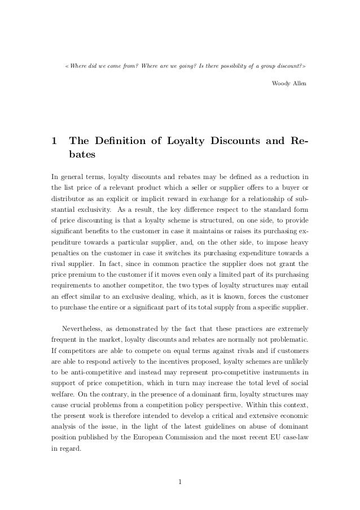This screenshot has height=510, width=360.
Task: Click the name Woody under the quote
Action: [x=280, y=83]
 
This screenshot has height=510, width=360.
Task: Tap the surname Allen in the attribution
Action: [x=300, y=83]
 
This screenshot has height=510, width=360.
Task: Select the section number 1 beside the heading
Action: [x=54, y=140]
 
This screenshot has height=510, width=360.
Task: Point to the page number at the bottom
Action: [x=180, y=482]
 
